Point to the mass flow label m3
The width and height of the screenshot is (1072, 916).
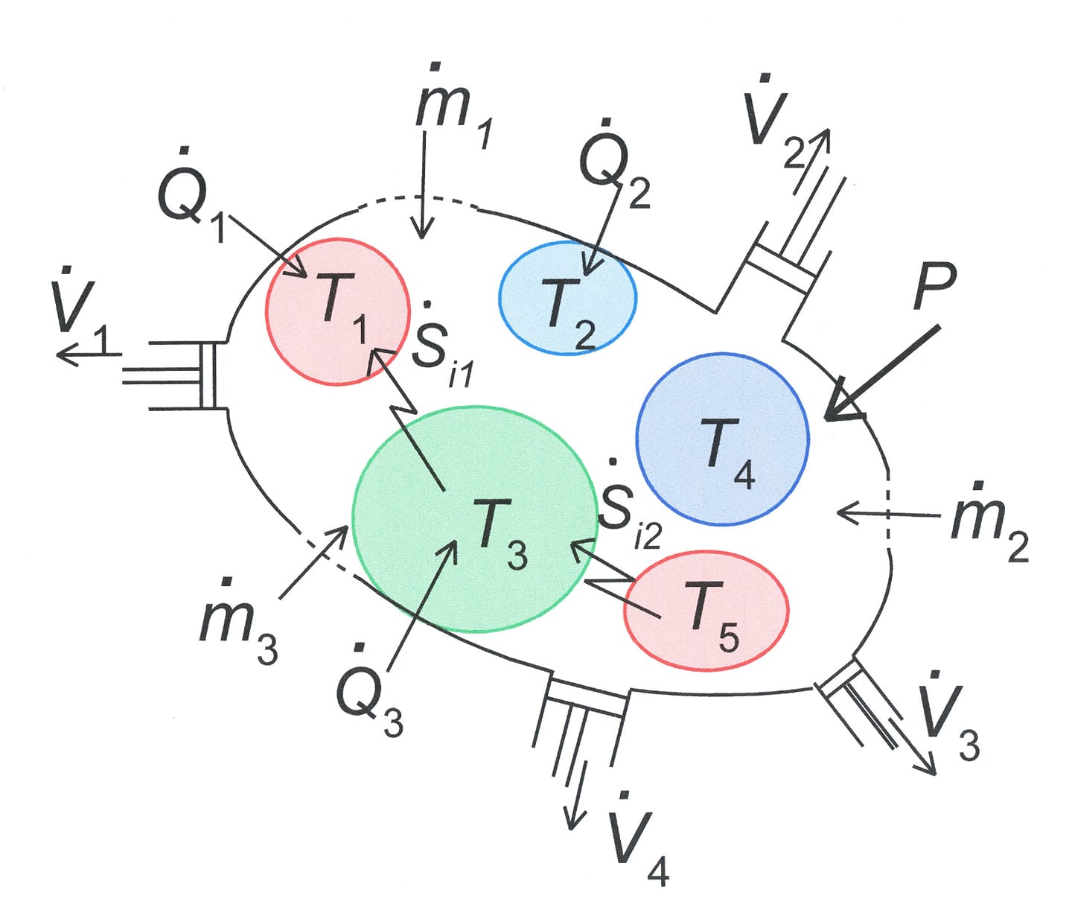(238, 620)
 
